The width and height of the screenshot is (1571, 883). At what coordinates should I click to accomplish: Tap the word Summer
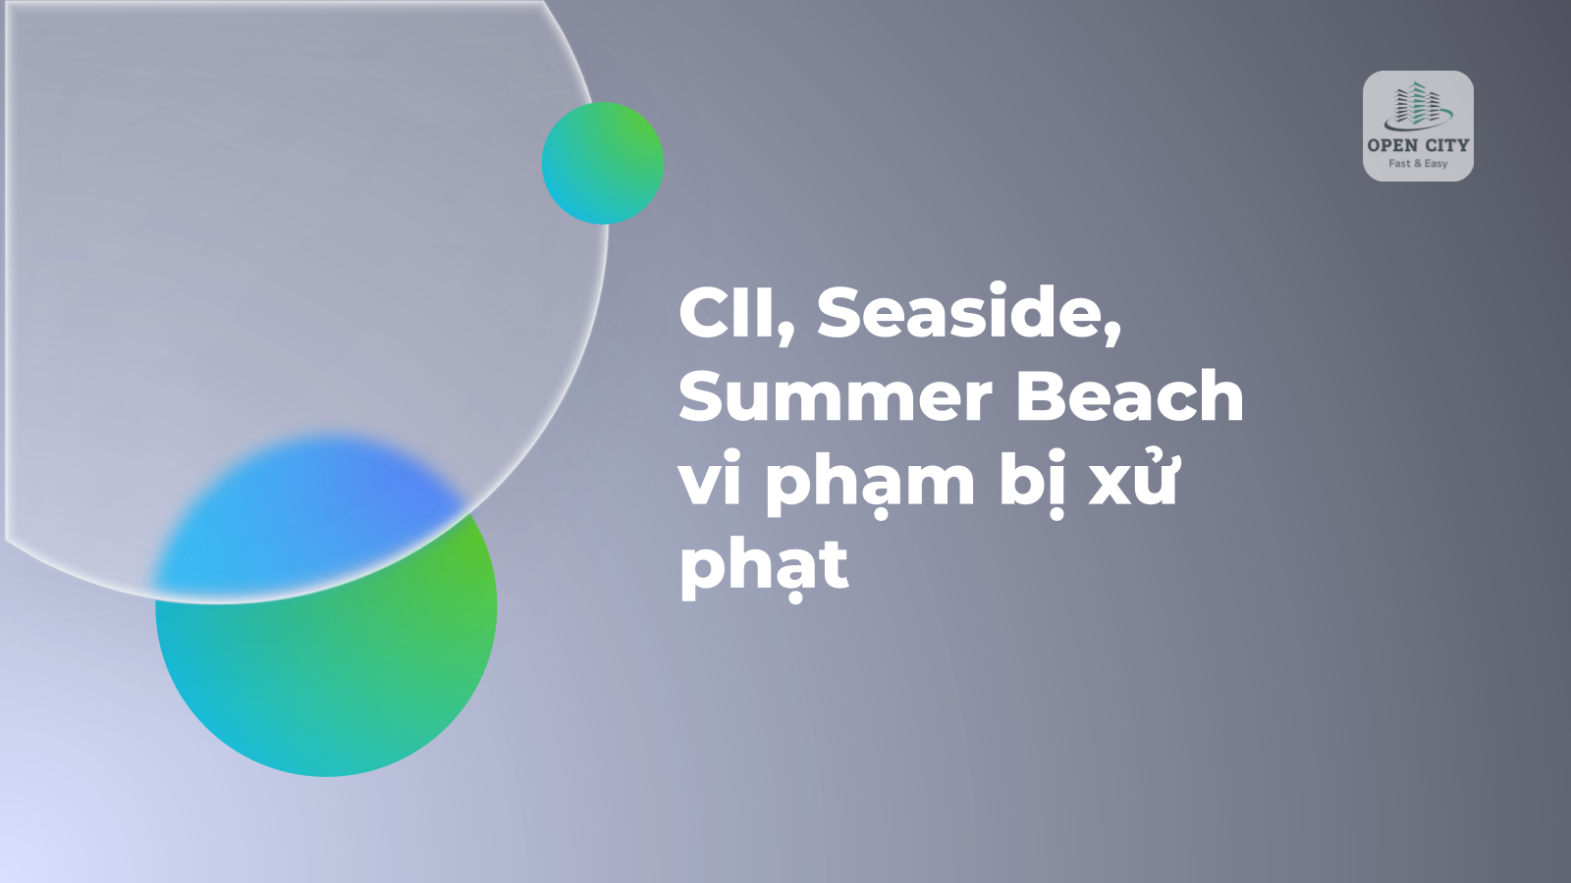click(x=835, y=396)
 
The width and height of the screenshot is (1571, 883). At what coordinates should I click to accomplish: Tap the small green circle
click(x=603, y=163)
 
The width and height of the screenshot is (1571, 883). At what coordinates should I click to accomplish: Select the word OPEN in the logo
click(x=1390, y=145)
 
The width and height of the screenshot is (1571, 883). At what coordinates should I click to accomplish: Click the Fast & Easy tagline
click(x=1418, y=163)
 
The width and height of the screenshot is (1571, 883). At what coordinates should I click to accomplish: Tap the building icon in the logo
click(x=1418, y=107)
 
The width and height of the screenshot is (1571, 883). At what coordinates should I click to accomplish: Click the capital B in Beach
click(x=1040, y=396)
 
